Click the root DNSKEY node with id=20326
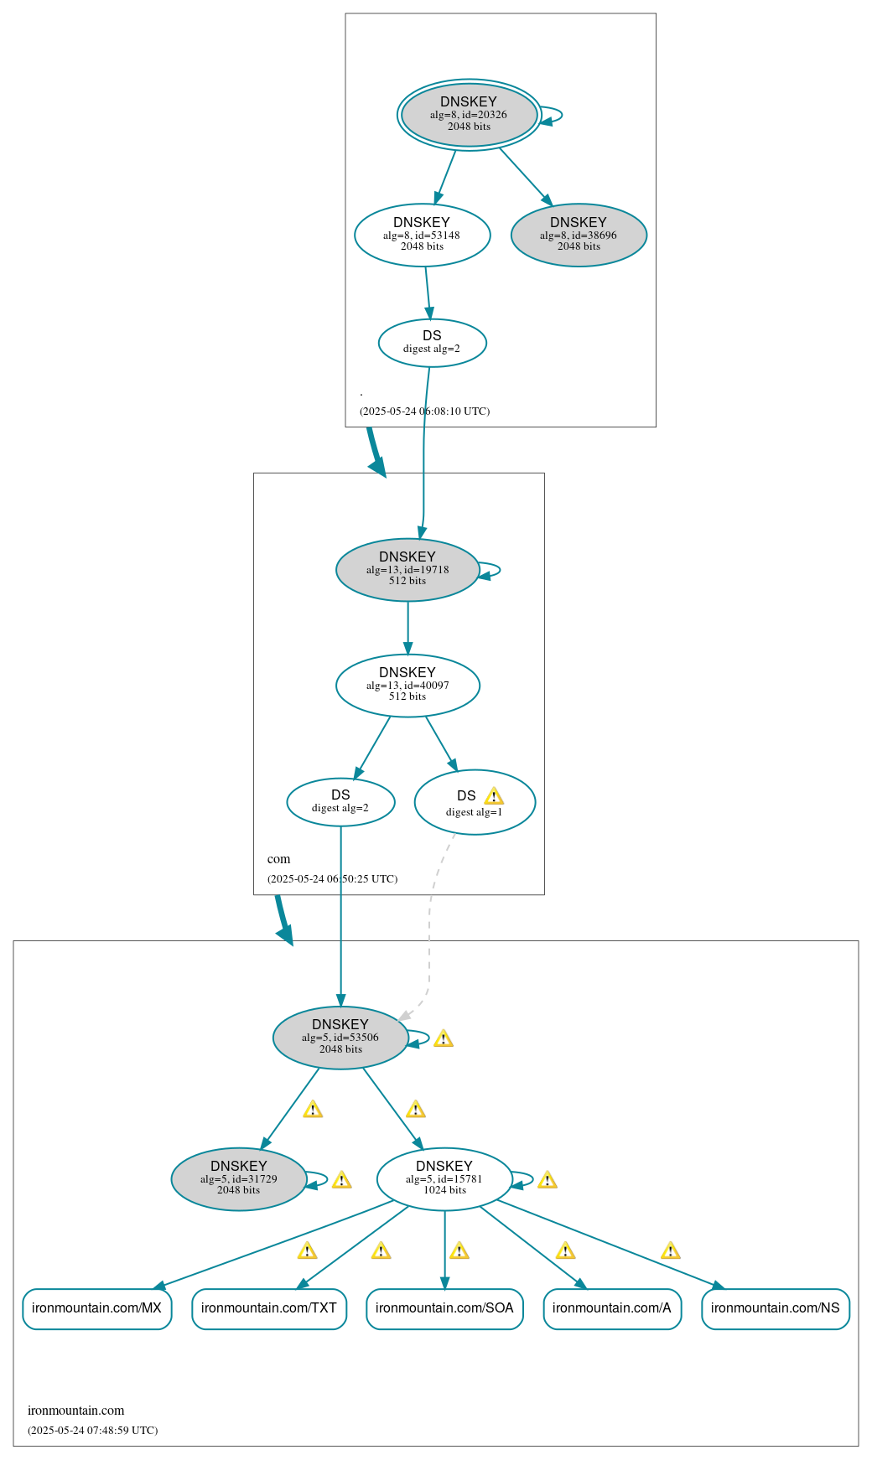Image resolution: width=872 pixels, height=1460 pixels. tap(469, 115)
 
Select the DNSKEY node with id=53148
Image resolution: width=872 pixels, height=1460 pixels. tap(422, 236)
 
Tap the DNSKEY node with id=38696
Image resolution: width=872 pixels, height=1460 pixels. tap(579, 236)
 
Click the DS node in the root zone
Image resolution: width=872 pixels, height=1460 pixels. tap(432, 343)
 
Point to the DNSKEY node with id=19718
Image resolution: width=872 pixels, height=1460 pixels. tap(407, 570)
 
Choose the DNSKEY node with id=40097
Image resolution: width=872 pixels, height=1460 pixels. tap(407, 686)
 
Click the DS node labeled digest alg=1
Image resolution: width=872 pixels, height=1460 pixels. tap(475, 803)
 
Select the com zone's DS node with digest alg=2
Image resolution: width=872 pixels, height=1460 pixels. tap(340, 802)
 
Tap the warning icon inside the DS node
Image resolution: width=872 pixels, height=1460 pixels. tap(494, 796)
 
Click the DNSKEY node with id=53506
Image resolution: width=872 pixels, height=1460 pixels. tap(340, 1038)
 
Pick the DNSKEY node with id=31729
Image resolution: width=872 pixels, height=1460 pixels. tap(239, 1179)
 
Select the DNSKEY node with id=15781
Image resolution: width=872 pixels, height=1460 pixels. tap(444, 1179)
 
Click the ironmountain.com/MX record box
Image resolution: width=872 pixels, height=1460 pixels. tap(97, 1308)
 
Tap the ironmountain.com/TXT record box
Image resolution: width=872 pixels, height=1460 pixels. tap(269, 1308)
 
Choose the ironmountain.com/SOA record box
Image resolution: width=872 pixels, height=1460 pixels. tap(444, 1308)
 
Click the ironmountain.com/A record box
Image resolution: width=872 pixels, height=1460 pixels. tap(612, 1308)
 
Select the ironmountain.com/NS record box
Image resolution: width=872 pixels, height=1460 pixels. tap(776, 1308)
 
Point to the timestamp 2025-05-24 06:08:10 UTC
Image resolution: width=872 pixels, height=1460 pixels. tap(424, 412)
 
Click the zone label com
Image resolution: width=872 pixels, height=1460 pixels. tap(278, 859)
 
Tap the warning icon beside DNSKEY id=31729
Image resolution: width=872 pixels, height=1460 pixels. tap(341, 1180)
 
